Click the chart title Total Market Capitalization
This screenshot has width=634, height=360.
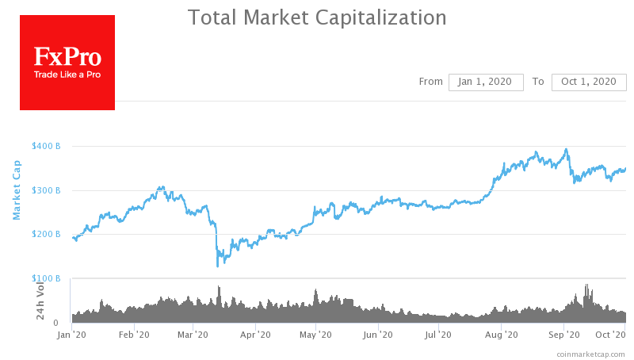[x=317, y=17]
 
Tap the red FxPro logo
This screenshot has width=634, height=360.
[x=67, y=63]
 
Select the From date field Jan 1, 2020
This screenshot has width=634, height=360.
[x=486, y=82]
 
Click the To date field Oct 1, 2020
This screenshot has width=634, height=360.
[x=588, y=82]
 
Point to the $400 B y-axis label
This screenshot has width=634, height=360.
[x=46, y=146]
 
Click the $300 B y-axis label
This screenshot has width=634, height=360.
[x=46, y=190]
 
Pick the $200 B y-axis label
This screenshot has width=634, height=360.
[x=46, y=234]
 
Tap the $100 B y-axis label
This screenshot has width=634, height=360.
[x=46, y=278]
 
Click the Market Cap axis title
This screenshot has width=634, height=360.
[x=17, y=190]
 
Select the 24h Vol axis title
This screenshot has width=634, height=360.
[x=40, y=302]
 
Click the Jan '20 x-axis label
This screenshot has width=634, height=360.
[x=73, y=335]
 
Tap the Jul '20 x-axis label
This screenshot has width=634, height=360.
[x=438, y=335]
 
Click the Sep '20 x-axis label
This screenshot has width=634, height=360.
[x=563, y=335]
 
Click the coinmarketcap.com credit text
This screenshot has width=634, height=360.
[x=590, y=353]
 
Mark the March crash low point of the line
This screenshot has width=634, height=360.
[x=217, y=266]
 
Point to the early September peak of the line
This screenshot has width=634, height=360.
[x=566, y=149]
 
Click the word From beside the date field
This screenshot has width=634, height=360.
[x=430, y=82]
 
